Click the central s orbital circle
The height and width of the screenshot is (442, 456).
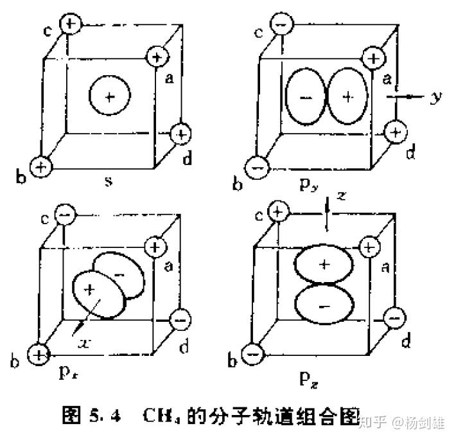click(x=109, y=97)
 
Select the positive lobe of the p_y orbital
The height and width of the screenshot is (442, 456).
click(x=347, y=96)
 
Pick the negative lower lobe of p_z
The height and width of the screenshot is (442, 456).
click(x=324, y=306)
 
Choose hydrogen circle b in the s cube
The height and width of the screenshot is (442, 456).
click(x=42, y=166)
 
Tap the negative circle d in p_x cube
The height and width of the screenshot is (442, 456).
click(x=182, y=318)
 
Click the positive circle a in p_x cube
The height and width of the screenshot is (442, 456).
click(x=155, y=246)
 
